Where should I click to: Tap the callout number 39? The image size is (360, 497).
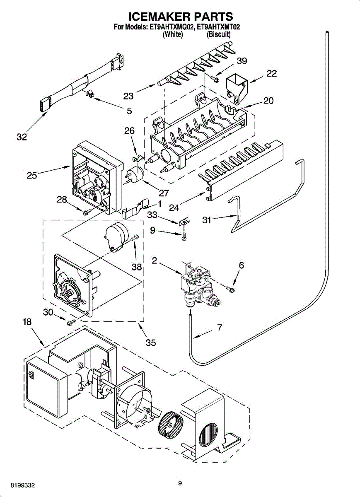(242, 61)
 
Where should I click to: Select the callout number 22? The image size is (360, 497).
(271, 73)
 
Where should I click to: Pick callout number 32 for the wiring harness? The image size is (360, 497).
(22, 137)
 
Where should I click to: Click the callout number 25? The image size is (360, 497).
(32, 175)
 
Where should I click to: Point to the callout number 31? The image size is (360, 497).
(206, 220)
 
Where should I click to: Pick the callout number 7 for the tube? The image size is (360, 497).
(219, 328)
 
